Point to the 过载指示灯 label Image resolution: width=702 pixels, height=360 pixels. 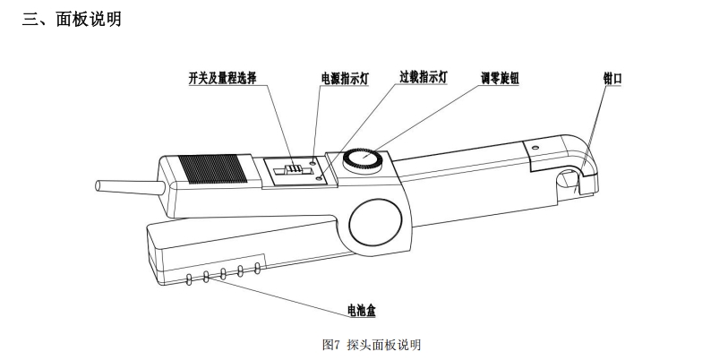(423, 78)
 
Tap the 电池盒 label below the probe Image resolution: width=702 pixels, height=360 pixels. (362, 311)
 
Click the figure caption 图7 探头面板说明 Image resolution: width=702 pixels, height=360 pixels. (371, 344)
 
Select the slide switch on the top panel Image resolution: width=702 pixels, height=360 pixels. (291, 169)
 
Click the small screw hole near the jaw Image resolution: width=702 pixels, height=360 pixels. (534, 147)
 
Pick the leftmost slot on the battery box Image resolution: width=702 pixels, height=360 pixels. (189, 280)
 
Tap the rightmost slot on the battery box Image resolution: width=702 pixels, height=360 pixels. (258, 267)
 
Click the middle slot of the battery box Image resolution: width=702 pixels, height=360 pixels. (224, 274)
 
